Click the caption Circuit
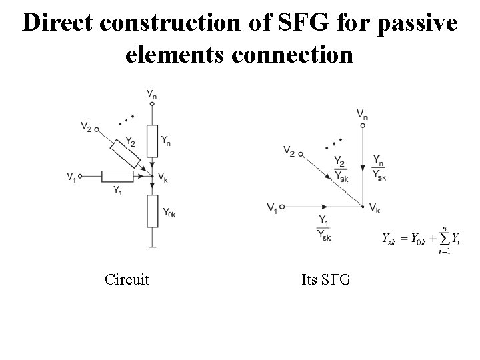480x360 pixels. coord(127,279)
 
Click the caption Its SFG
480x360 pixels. coord(326,279)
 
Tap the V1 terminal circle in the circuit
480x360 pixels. coord(80,176)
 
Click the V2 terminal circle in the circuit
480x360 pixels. coord(97,129)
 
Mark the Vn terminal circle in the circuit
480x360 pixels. coord(153,103)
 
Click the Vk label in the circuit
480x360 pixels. coord(163,177)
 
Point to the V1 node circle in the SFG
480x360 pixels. coord(282,207)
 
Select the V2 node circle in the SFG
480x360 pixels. coord(300,155)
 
